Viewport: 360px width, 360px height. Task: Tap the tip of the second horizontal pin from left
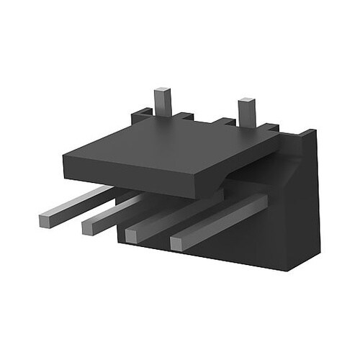tap(89, 228)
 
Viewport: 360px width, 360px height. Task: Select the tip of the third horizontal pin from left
tap(133, 235)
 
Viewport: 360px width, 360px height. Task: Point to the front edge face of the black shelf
tap(137, 176)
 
